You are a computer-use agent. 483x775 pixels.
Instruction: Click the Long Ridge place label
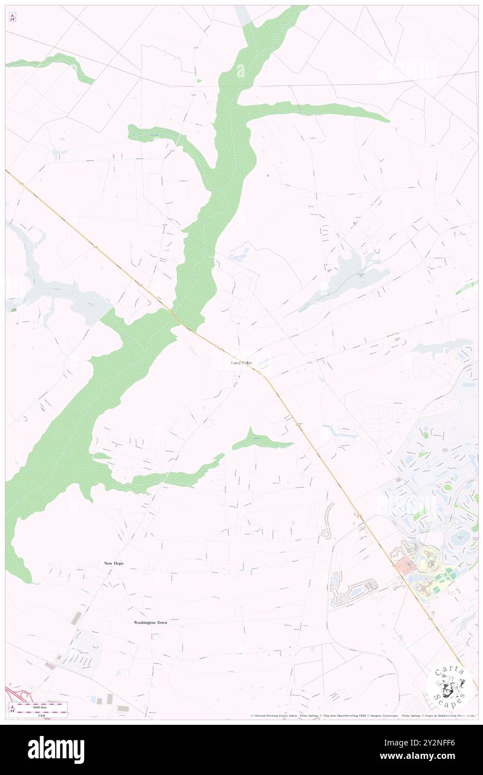[x=241, y=363]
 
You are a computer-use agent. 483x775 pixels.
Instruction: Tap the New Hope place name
[x=114, y=564]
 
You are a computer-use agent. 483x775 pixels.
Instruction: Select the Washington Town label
[x=150, y=622]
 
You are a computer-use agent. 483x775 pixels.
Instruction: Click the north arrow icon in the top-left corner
[x=12, y=17]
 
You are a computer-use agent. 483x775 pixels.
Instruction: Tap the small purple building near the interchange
[x=50, y=666]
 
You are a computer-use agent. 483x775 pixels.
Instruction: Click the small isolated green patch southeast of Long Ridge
[x=259, y=442]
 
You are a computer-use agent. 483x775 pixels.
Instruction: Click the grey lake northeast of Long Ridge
[x=351, y=273]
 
